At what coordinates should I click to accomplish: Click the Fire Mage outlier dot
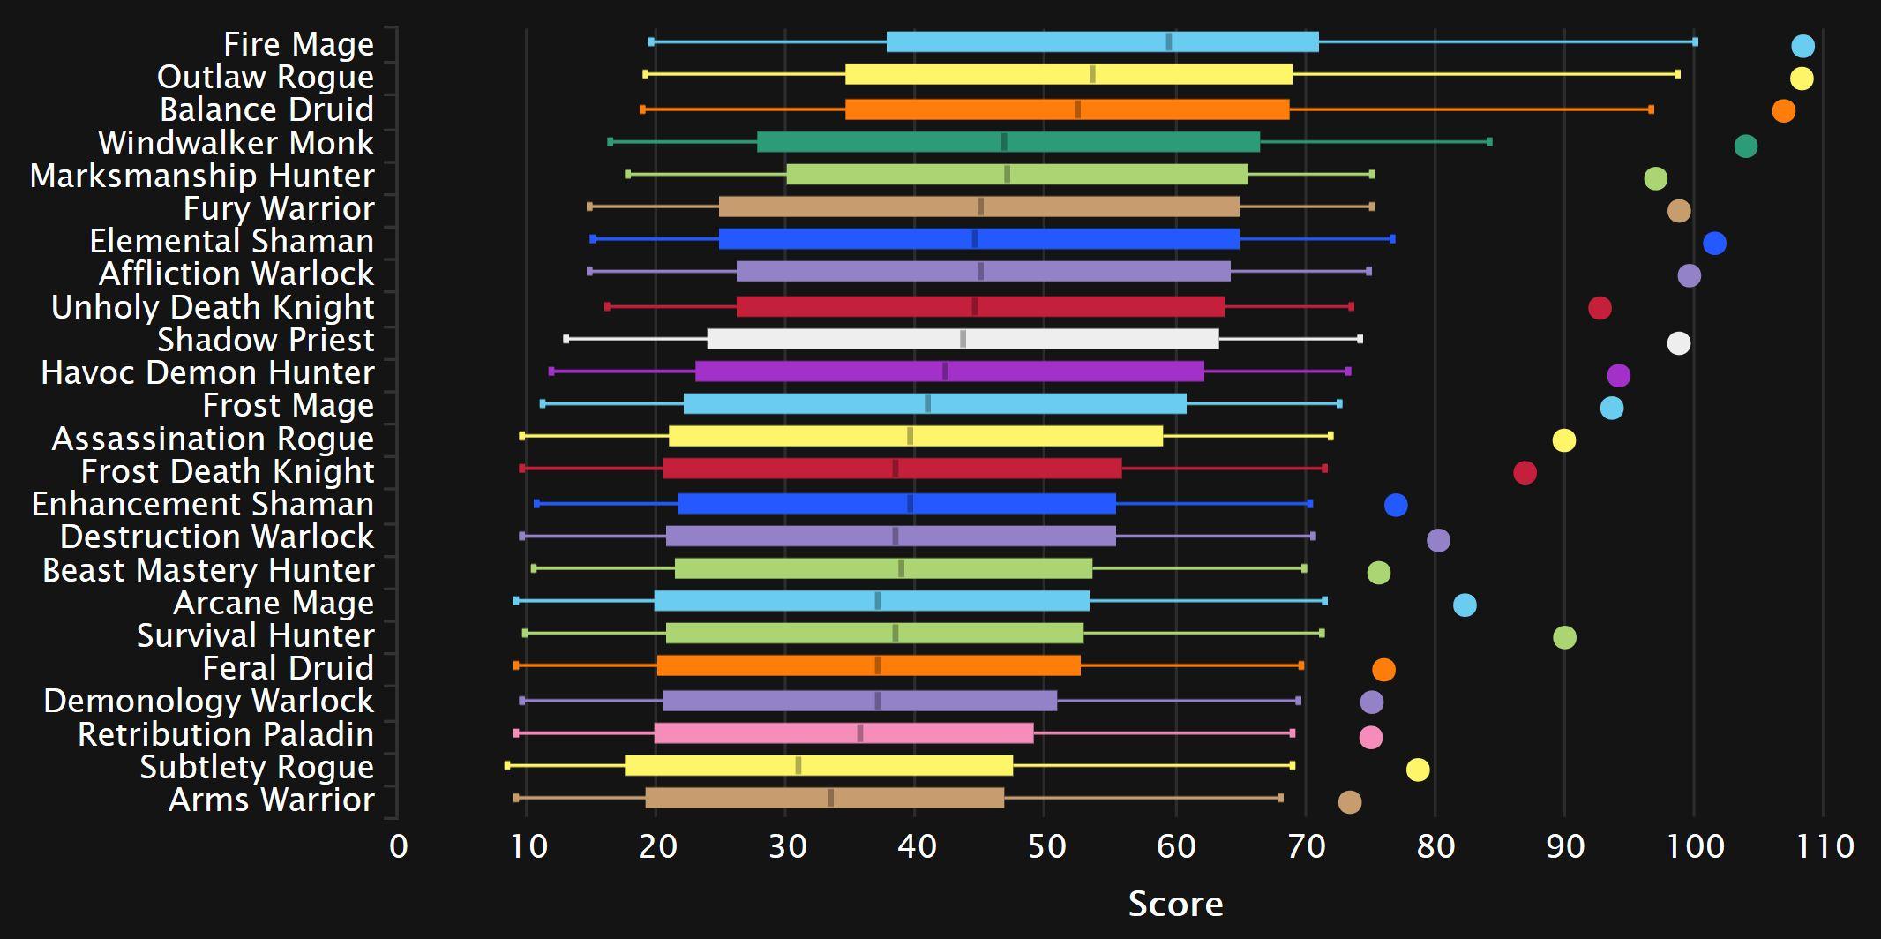click(1802, 46)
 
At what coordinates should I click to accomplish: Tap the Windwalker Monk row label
click(236, 143)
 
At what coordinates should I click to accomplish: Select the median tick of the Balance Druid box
click(1077, 109)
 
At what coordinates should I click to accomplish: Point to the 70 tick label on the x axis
click(1306, 846)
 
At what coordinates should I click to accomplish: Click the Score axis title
click(1175, 904)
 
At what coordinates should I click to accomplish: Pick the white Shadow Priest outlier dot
click(1678, 343)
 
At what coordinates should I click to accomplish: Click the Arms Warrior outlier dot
click(1349, 801)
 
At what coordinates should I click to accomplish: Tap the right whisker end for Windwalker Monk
click(1489, 142)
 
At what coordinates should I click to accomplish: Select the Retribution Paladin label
click(225, 734)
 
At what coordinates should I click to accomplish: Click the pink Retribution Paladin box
click(843, 733)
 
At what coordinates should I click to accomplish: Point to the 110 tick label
click(1825, 846)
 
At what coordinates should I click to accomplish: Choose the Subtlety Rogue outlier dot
click(1417, 770)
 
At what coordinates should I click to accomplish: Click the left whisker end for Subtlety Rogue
click(507, 765)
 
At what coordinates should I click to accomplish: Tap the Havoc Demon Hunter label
click(207, 372)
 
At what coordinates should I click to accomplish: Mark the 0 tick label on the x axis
click(398, 846)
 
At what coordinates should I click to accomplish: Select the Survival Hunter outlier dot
click(1564, 637)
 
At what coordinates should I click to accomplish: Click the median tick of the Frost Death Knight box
click(895, 469)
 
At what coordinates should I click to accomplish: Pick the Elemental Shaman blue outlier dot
click(1714, 244)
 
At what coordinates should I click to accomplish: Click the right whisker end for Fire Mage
click(1695, 41)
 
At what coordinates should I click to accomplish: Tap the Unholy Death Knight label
click(213, 307)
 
